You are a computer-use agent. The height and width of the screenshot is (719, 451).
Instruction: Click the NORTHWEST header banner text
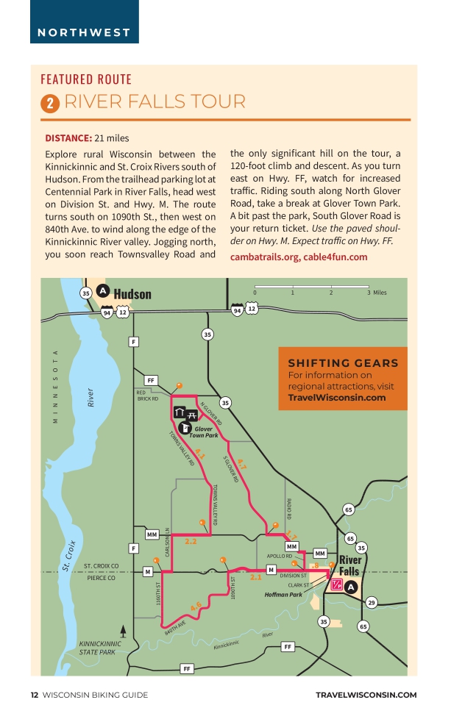[x=84, y=32]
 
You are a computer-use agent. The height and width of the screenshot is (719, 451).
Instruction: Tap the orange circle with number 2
[x=49, y=104]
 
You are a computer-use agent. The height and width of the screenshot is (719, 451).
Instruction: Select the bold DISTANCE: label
[x=68, y=137]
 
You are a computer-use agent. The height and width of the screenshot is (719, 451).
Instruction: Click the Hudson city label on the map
[x=132, y=294]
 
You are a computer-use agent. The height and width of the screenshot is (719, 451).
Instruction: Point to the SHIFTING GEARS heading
[x=343, y=363]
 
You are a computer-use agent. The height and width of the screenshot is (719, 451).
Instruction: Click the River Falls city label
[x=349, y=565]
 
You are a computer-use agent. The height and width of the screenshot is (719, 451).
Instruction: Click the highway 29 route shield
[x=372, y=603]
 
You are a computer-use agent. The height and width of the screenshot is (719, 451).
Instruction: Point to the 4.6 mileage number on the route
[x=196, y=607]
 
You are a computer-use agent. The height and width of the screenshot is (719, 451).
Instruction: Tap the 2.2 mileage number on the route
[x=191, y=542]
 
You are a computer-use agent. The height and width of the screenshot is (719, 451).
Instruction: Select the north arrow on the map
[x=123, y=631]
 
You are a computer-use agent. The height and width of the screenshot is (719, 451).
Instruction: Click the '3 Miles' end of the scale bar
[x=375, y=293]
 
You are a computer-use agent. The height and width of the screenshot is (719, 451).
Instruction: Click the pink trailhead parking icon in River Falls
[x=336, y=584]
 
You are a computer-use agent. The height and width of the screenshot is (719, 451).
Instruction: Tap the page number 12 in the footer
[x=34, y=695]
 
